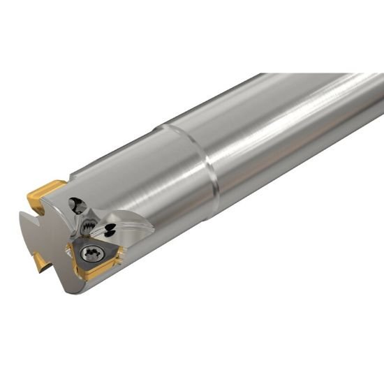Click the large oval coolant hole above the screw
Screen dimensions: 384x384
(x=77, y=205)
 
